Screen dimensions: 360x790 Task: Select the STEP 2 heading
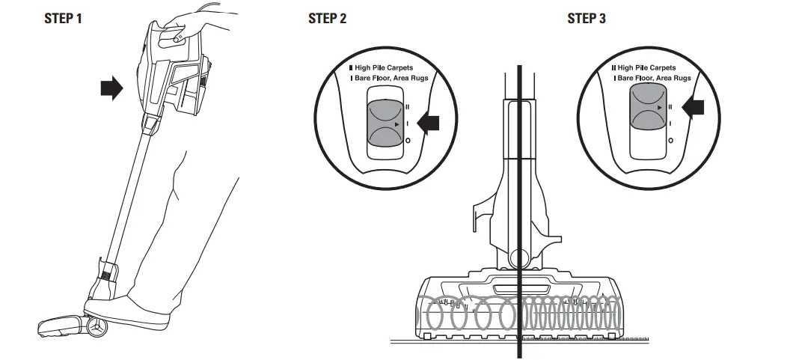pyautogui.click(x=327, y=19)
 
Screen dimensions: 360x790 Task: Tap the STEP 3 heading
pyautogui.click(x=587, y=19)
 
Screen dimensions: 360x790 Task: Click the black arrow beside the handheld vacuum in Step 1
pyautogui.click(x=111, y=90)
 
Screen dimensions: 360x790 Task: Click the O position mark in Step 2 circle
pyautogui.click(x=408, y=140)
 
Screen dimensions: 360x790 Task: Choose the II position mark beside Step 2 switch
pyautogui.click(x=408, y=107)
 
